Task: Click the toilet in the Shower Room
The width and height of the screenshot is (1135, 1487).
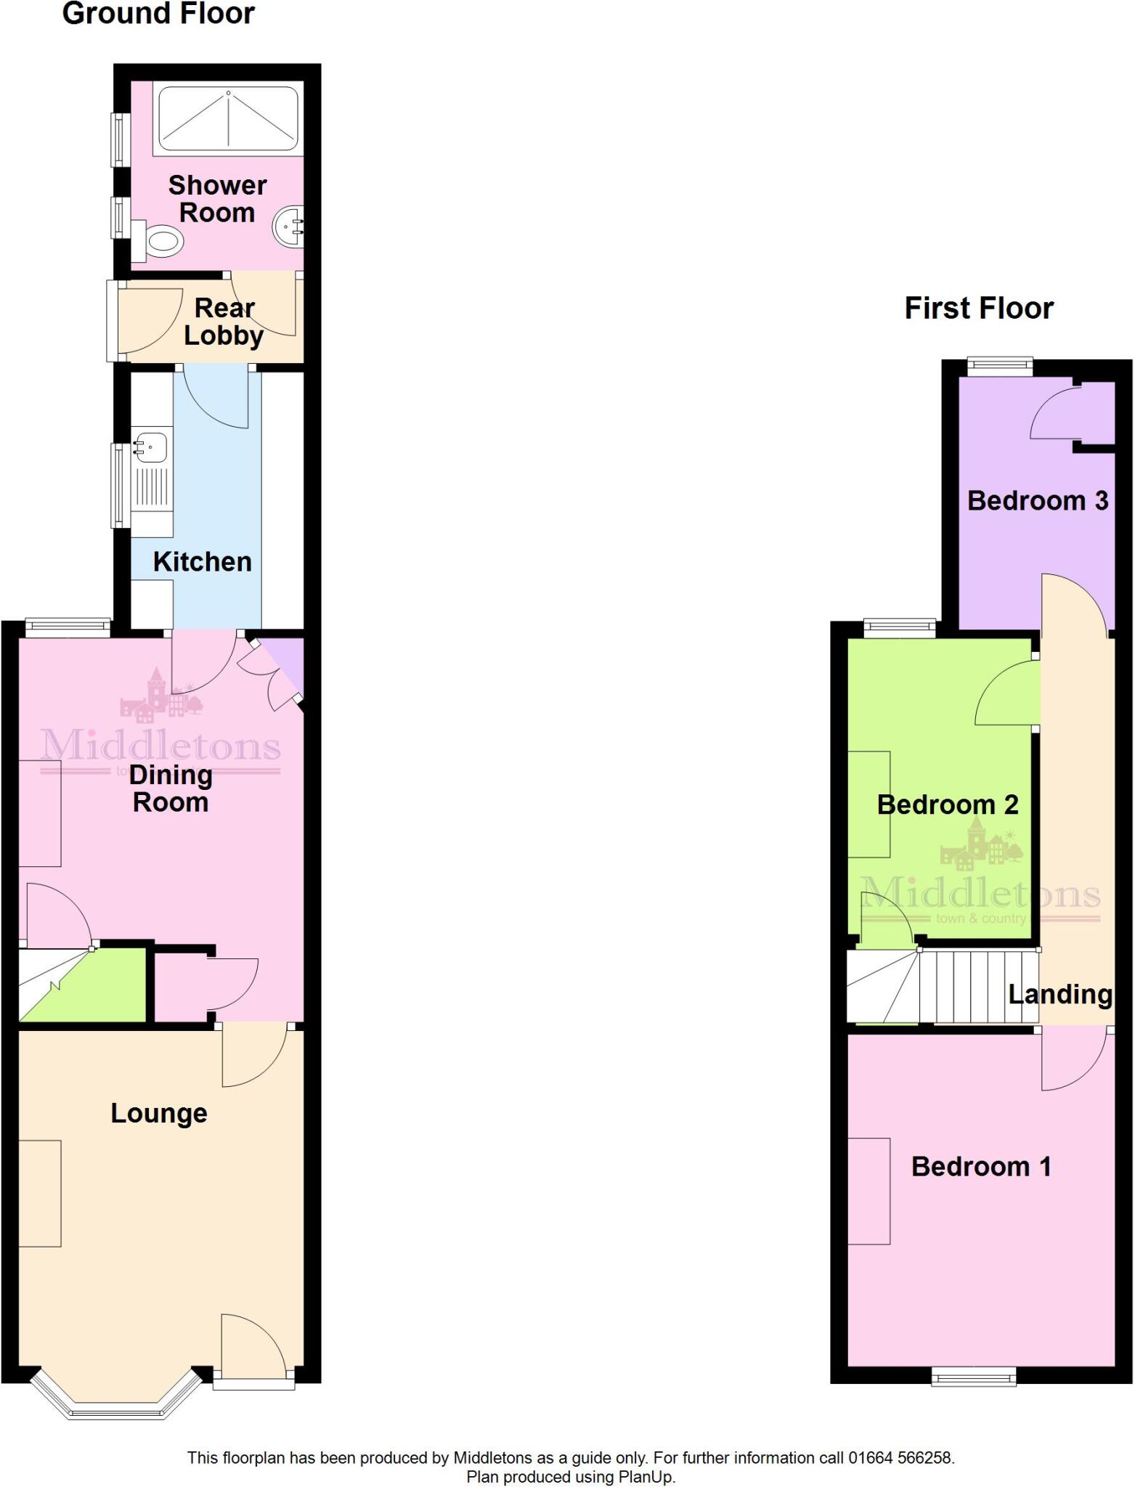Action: click(161, 240)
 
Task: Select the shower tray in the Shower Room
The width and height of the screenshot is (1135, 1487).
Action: click(228, 118)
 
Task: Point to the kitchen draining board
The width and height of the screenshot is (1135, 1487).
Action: click(152, 486)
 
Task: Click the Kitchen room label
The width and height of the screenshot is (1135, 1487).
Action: click(202, 562)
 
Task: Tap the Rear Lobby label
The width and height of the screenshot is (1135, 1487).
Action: click(224, 322)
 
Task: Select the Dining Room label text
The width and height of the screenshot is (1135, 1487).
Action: click(171, 789)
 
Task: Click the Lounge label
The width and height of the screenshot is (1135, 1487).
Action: click(159, 1113)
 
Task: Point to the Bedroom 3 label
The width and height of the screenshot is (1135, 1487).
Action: click(1038, 500)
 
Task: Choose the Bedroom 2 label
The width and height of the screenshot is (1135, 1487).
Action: click(948, 804)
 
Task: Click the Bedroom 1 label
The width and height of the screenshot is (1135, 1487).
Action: click(981, 1167)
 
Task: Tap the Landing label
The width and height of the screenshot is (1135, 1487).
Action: click(1060, 994)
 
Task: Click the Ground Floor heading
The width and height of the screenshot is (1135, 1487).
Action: click(158, 14)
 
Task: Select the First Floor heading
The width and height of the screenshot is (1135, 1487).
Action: click(979, 309)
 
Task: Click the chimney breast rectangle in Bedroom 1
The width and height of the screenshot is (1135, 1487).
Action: click(869, 1191)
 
